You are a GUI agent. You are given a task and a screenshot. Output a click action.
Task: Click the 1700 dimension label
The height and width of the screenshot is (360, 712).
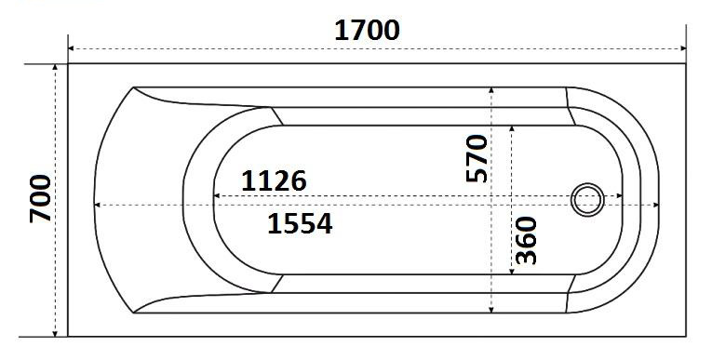tap(367, 31)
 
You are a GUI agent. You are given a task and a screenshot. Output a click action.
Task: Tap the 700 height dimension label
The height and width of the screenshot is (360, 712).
tap(40, 198)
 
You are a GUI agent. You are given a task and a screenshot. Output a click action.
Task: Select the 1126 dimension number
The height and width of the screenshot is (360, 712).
tap(274, 181)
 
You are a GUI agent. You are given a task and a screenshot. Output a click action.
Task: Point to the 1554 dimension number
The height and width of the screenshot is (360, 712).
tap(300, 223)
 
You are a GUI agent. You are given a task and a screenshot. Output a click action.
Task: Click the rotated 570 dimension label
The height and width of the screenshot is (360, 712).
tap(477, 158)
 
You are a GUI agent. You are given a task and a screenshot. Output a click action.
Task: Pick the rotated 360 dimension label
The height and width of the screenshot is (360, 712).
tap(526, 240)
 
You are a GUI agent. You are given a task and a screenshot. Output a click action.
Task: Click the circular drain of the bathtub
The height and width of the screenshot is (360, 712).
tap(587, 200)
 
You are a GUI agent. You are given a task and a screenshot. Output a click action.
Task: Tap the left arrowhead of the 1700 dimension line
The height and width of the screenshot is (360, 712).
tap(72, 48)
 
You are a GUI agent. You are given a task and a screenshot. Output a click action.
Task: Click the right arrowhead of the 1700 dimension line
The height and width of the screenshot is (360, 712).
tap(682, 48)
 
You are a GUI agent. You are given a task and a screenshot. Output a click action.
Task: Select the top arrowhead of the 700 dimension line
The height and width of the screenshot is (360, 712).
tap(55, 68)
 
